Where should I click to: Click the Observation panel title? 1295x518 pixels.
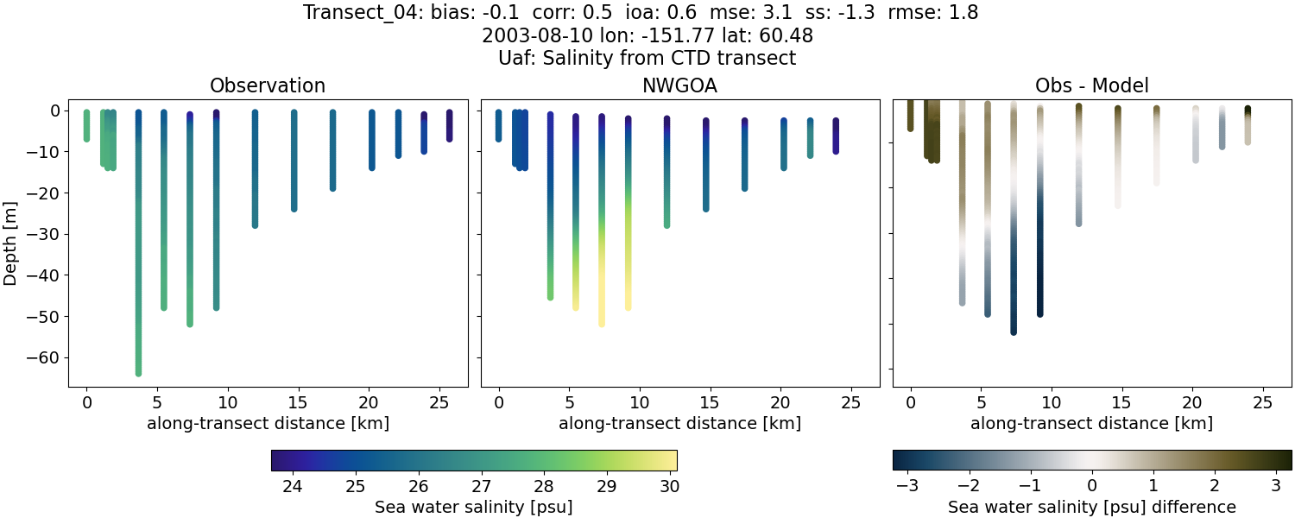click(x=268, y=85)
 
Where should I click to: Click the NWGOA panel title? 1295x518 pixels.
click(x=679, y=85)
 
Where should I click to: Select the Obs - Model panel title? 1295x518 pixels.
click(x=1091, y=85)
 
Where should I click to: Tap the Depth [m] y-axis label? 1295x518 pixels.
click(x=11, y=234)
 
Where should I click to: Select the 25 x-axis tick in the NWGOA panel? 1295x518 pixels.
click(x=850, y=403)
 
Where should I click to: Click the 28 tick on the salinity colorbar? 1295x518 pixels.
click(x=542, y=487)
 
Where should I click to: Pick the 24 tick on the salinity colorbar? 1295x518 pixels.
click(x=292, y=487)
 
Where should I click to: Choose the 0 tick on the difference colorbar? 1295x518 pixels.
click(x=1092, y=487)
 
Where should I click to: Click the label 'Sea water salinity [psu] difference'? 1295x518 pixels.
click(x=1091, y=507)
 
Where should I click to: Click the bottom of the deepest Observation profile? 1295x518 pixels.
click(x=138, y=373)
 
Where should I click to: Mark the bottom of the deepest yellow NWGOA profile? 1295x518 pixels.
click(x=602, y=324)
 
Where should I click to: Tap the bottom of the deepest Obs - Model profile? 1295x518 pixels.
click(x=1014, y=332)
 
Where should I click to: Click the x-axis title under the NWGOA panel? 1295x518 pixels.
click(x=679, y=423)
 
